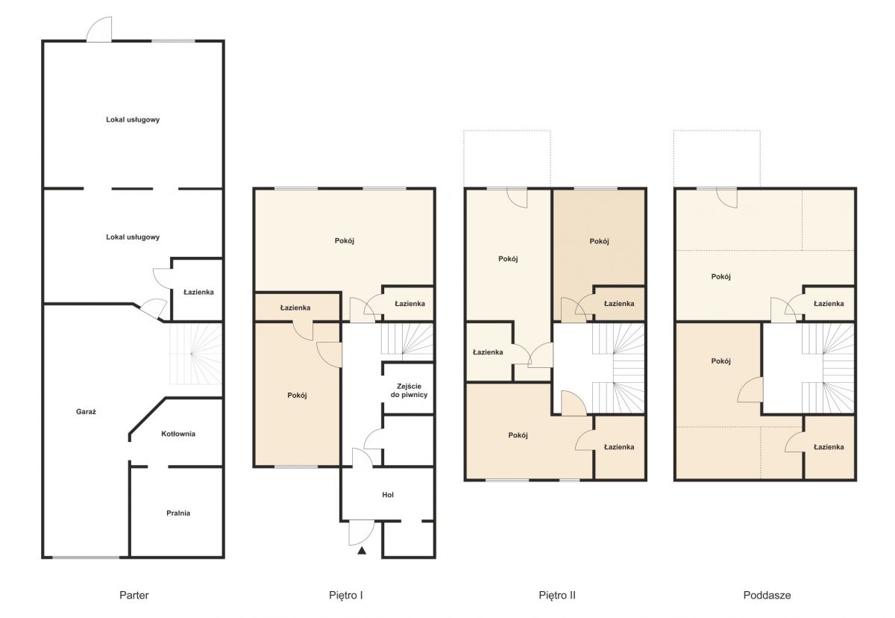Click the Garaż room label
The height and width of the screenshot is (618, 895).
(86, 412)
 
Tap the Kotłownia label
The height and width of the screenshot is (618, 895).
(178, 434)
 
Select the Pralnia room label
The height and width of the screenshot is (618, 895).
(178, 513)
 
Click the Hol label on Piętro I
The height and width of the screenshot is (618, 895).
(388, 495)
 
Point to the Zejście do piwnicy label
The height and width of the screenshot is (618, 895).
(409, 390)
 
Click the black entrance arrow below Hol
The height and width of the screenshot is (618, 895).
(362, 550)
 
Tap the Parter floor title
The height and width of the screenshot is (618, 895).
(134, 595)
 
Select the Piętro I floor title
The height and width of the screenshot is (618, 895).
(345, 596)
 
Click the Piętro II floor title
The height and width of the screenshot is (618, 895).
(557, 596)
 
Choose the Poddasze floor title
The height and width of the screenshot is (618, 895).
(767, 595)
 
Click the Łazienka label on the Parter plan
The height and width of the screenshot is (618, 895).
(198, 293)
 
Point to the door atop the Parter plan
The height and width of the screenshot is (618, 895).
(99, 29)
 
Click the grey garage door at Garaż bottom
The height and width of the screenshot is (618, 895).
(86, 558)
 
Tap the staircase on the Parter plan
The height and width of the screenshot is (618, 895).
(195, 353)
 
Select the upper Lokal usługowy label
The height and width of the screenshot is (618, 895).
(133, 119)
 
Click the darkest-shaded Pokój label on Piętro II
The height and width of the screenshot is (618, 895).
(599, 241)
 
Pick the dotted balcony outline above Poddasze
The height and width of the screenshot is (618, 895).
(717, 158)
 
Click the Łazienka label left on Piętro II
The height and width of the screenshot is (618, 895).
(488, 352)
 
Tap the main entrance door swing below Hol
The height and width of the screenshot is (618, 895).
(362, 533)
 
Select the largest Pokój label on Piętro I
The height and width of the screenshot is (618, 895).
(344, 240)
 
